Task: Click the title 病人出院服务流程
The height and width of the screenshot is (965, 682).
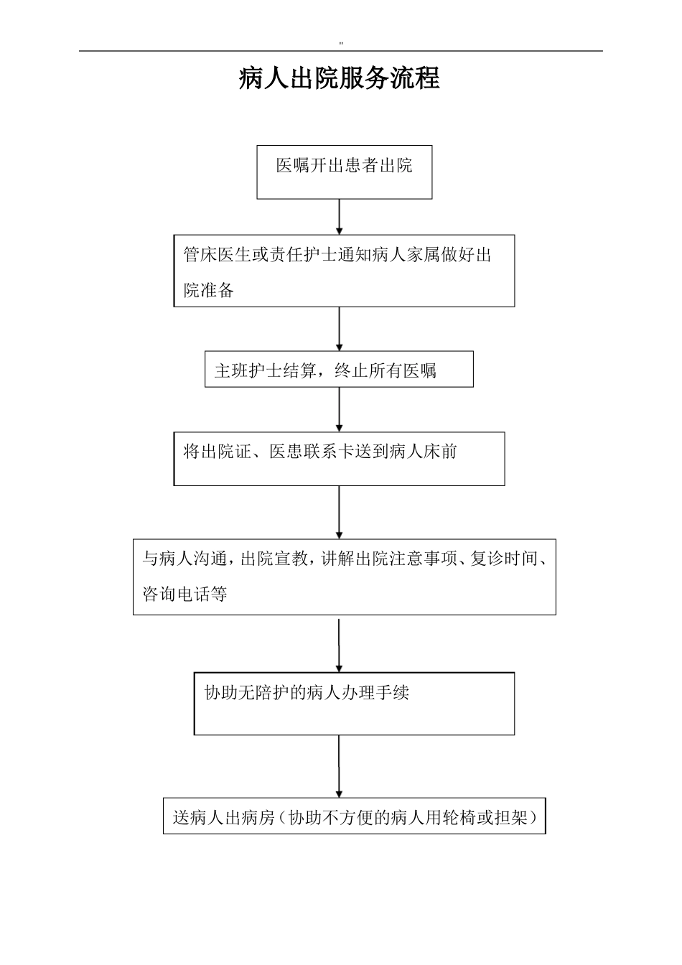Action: coord(339,78)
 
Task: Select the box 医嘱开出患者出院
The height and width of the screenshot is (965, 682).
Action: coord(345,172)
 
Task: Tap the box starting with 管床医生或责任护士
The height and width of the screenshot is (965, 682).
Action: coord(344,271)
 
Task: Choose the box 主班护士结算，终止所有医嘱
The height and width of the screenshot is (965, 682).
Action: coord(339,369)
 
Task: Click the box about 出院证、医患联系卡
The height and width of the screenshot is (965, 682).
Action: coord(339,458)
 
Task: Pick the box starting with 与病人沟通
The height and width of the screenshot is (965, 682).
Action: coord(344,577)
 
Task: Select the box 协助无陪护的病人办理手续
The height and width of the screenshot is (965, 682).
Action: coord(354,704)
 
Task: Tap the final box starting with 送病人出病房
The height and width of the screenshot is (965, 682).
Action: coord(354,816)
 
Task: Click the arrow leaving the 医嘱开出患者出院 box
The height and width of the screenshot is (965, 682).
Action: coord(340,216)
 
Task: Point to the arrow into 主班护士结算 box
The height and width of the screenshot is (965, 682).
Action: coord(340,329)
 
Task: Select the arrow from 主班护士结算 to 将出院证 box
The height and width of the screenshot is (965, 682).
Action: coord(340,409)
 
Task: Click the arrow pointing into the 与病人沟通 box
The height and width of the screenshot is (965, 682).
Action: coord(340,512)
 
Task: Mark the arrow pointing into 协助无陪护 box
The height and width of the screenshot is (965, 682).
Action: coord(339,645)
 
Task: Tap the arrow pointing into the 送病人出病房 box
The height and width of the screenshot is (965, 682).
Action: coord(339,766)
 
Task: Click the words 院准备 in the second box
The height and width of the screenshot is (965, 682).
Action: coord(209,290)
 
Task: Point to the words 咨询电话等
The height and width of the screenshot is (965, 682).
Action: coord(185,594)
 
